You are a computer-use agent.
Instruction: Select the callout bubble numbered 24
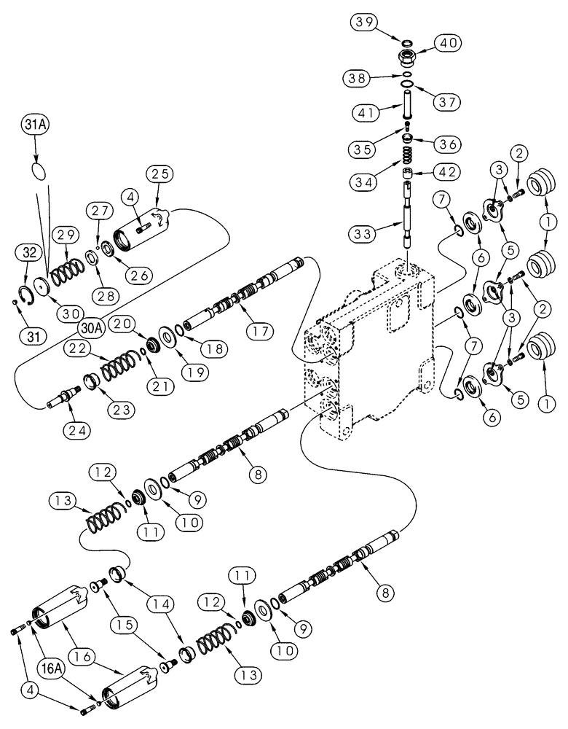point(76,431)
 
